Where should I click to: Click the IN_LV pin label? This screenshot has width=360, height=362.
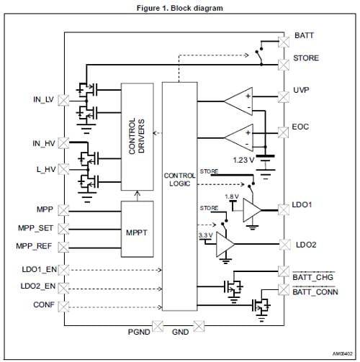(43, 97)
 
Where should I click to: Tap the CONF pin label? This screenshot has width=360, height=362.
(43, 304)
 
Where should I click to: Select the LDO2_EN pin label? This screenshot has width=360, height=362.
(36, 286)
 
